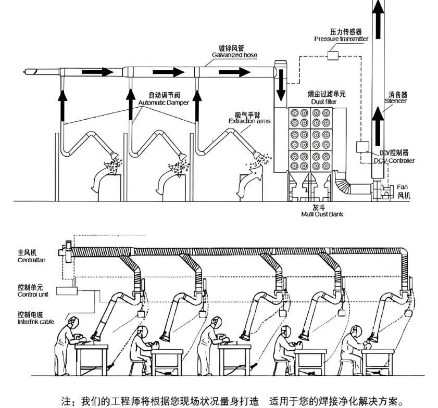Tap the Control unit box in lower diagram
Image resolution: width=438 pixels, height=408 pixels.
click(x=67, y=291)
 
